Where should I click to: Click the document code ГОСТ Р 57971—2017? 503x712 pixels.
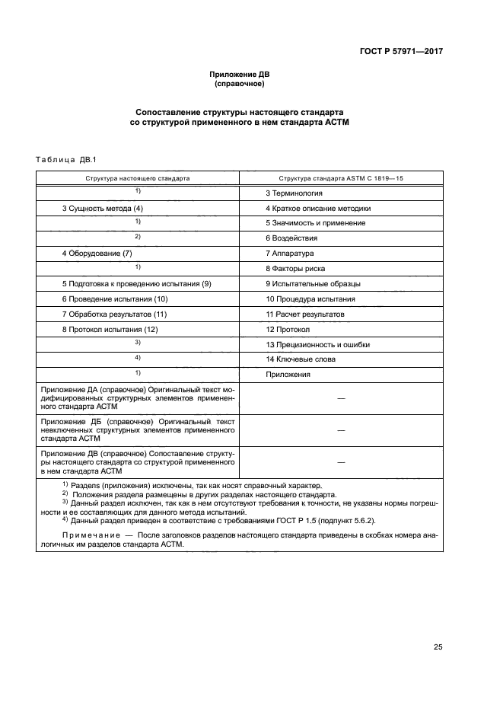point(401,52)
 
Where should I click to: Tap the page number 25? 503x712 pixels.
point(438,647)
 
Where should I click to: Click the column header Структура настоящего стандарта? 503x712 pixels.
point(138,177)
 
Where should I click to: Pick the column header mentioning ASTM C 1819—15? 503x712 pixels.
point(340,177)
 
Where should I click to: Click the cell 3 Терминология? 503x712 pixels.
point(294,193)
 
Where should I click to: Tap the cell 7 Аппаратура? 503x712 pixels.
point(290,253)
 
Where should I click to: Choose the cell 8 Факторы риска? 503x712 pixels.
point(296,268)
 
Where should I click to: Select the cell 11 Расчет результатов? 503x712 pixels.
point(304,314)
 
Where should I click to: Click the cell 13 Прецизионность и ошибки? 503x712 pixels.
point(317,344)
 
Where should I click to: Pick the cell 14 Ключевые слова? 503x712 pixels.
point(300,359)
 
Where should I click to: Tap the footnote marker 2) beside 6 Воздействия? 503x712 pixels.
point(138,237)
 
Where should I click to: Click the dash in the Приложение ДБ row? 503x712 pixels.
point(340,430)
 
